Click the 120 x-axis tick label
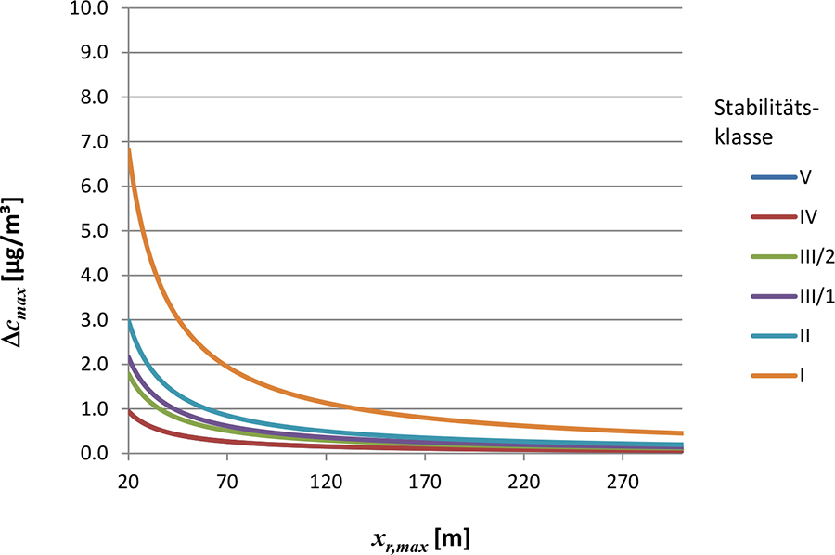click(x=326, y=484)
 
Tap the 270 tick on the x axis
click(x=623, y=484)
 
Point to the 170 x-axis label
click(x=424, y=484)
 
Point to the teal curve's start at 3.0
click(x=129, y=322)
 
